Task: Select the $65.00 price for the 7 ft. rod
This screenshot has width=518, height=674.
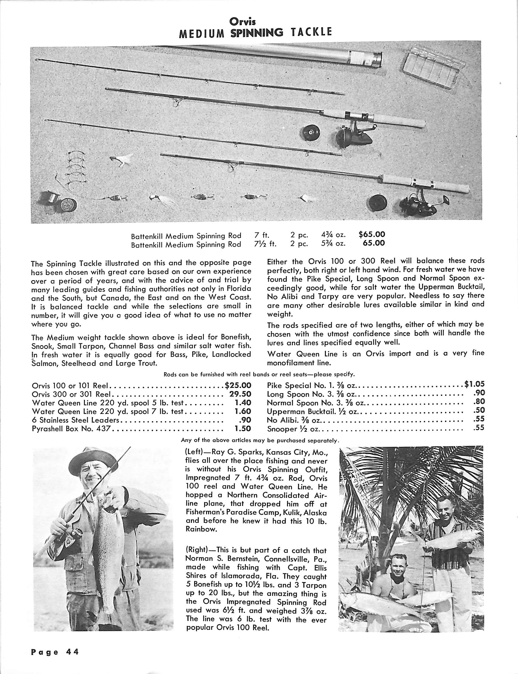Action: click(372, 235)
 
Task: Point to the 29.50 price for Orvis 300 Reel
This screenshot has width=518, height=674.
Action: click(240, 394)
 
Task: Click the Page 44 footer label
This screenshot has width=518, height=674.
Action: click(55, 652)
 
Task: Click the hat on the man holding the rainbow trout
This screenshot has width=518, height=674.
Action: click(89, 466)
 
